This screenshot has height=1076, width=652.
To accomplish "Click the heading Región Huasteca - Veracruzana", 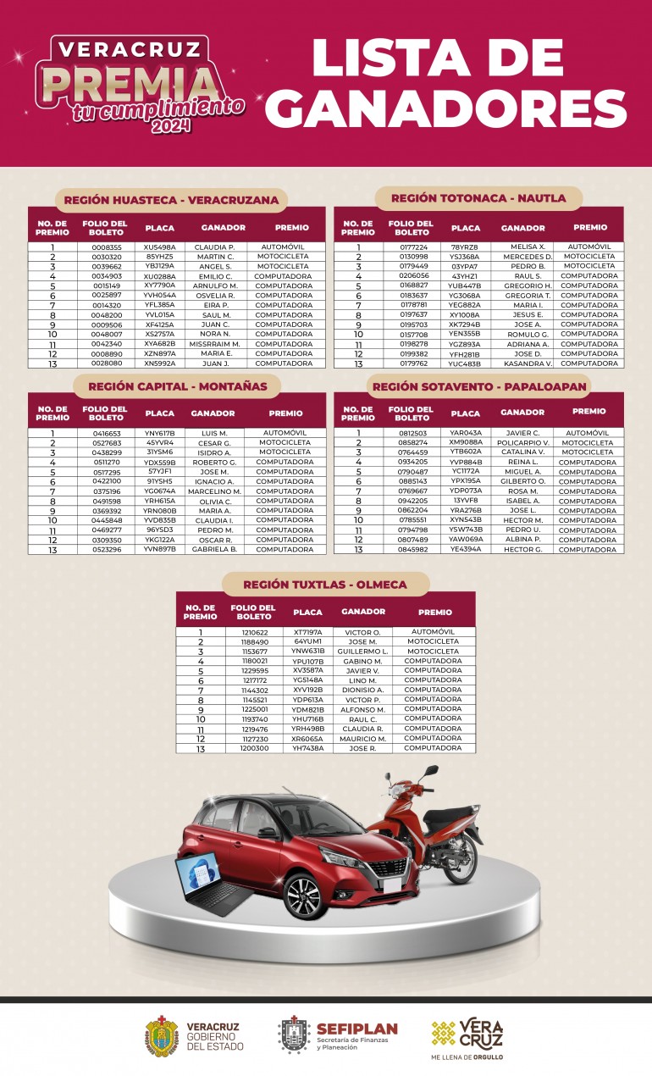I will tap(171, 200).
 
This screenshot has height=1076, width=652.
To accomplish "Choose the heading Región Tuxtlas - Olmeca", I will tap(325, 585).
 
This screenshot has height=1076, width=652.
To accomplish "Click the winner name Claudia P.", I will tap(214, 247).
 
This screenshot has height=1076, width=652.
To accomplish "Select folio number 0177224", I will tap(413, 247).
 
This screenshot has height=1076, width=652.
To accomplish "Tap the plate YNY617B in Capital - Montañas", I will tap(160, 433).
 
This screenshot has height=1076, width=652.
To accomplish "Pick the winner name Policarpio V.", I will tap(522, 442).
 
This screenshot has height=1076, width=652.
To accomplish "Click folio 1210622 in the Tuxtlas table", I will tap(255, 632).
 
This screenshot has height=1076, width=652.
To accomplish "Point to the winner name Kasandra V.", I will tap(528, 363).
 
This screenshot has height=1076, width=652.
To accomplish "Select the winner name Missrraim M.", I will tap(215, 344).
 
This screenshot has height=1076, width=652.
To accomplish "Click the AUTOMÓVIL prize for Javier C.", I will tap(588, 433).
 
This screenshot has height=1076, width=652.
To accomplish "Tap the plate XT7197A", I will tap(308, 632).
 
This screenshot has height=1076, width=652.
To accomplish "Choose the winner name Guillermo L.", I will tap(362, 652).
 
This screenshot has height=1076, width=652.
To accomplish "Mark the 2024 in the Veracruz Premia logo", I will tap(172, 126).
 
